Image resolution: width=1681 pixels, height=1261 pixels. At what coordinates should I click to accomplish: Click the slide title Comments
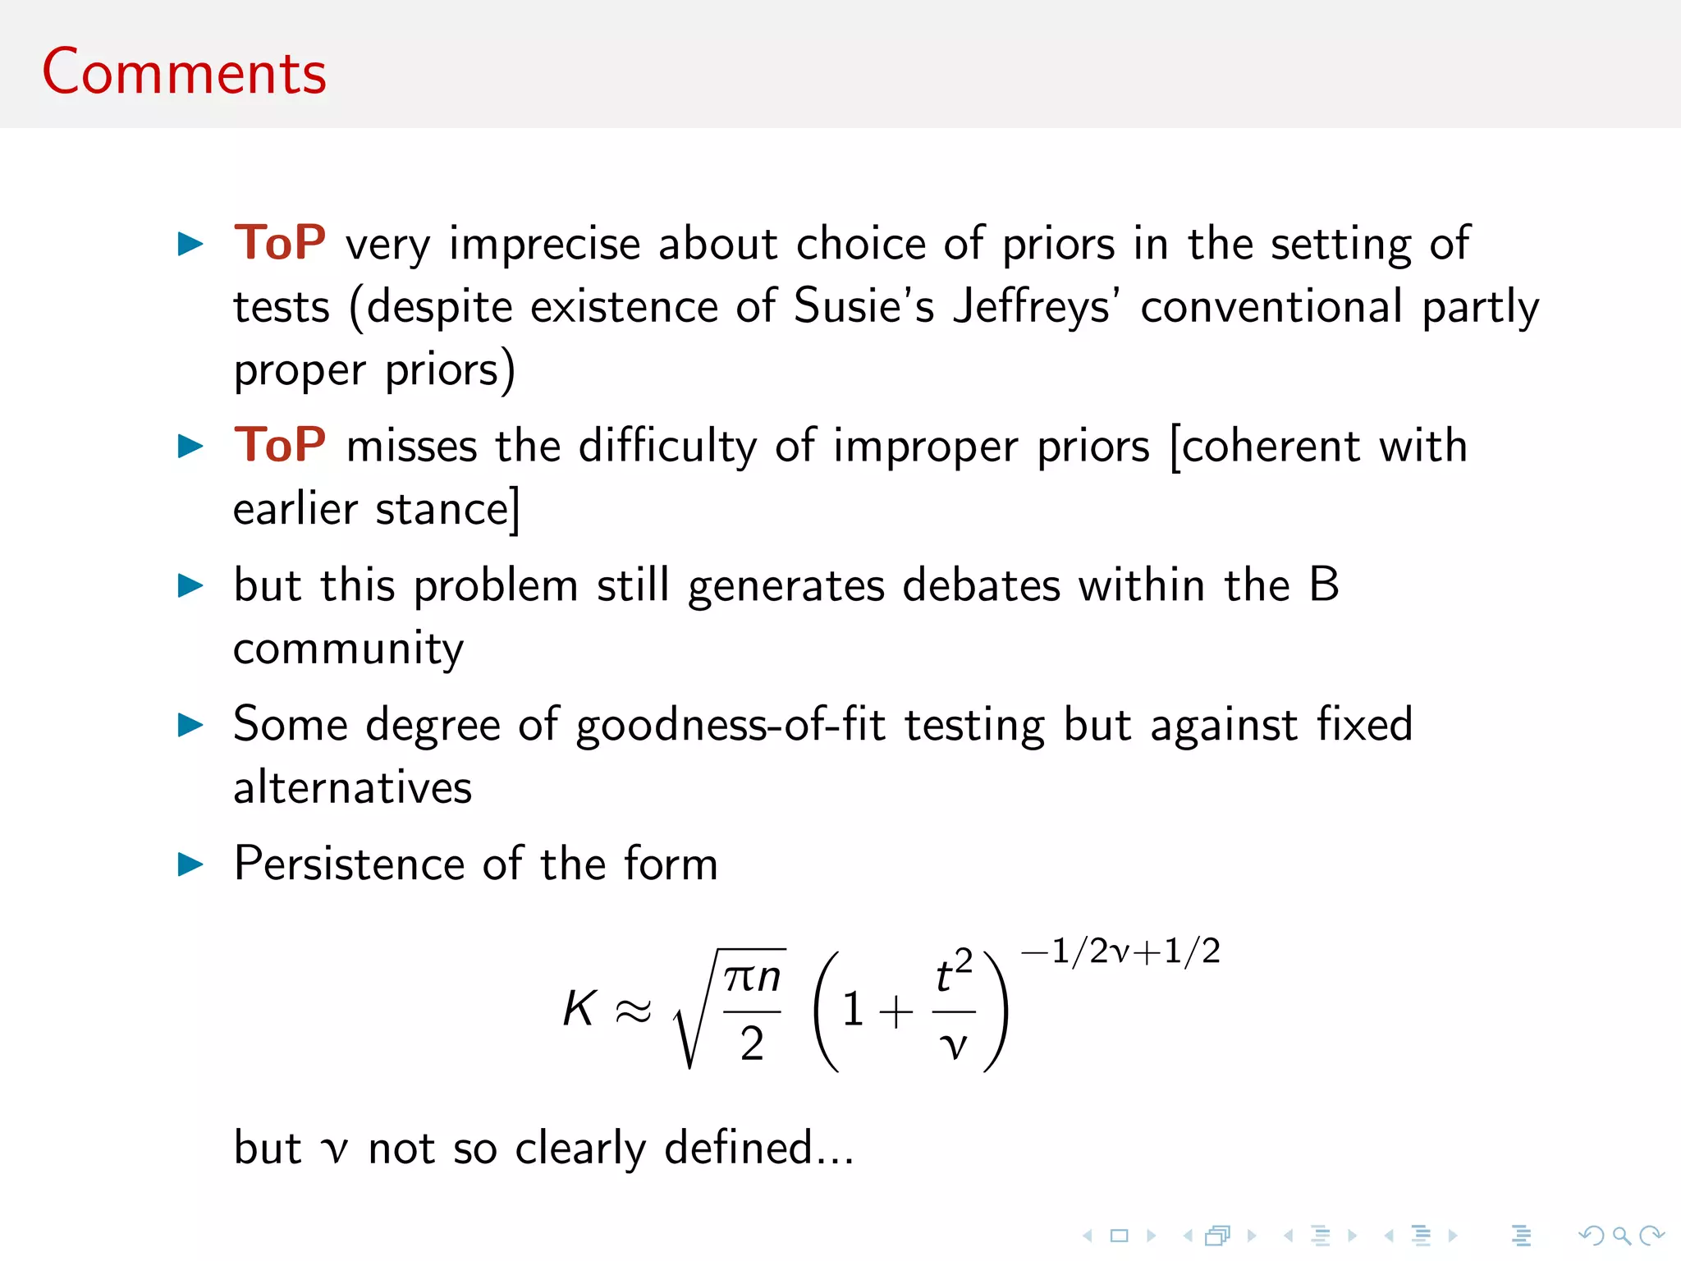tap(184, 72)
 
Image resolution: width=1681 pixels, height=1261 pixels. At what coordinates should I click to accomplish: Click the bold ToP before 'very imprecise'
tap(279, 243)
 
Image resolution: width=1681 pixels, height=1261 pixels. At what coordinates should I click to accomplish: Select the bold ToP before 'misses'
tap(279, 445)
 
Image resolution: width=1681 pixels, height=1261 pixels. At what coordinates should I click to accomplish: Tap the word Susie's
tap(863, 306)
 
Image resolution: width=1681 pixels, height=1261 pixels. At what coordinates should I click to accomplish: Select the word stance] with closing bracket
tap(448, 509)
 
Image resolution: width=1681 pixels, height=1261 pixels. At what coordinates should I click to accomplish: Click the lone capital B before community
tap(1323, 585)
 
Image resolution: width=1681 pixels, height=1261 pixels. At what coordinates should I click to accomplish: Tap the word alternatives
tap(353, 787)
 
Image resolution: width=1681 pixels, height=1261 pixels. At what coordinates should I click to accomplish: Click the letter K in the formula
tap(579, 1008)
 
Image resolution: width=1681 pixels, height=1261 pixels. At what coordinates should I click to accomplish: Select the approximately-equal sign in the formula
tap(633, 1011)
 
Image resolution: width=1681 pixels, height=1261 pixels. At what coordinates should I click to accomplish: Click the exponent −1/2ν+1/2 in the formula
tap(1120, 951)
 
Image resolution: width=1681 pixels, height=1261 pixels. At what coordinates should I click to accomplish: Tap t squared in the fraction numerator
tap(953, 974)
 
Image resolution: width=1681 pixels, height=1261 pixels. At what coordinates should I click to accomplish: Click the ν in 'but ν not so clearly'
tap(334, 1149)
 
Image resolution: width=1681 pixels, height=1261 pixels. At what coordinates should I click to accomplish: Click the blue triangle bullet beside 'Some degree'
tap(190, 725)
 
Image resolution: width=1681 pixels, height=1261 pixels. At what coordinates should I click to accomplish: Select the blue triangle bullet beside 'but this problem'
tap(190, 585)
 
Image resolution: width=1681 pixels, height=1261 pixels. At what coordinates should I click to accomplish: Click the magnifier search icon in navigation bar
tap(1620, 1236)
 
